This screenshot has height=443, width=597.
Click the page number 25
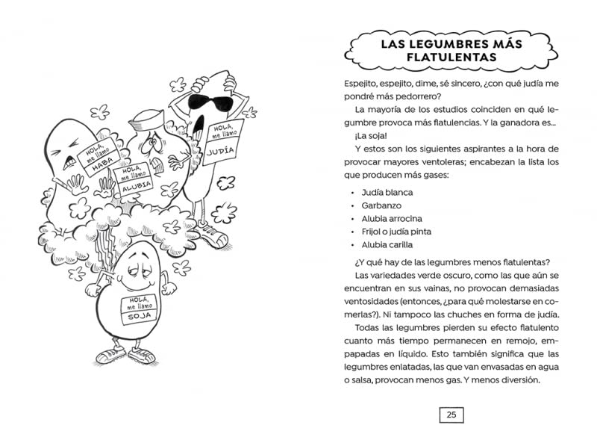(x=451, y=415)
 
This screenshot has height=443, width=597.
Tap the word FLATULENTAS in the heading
(x=451, y=58)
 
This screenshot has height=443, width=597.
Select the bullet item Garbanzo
(x=381, y=205)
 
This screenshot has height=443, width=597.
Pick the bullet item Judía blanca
(x=387, y=192)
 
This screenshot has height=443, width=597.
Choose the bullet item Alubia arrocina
(x=392, y=218)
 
